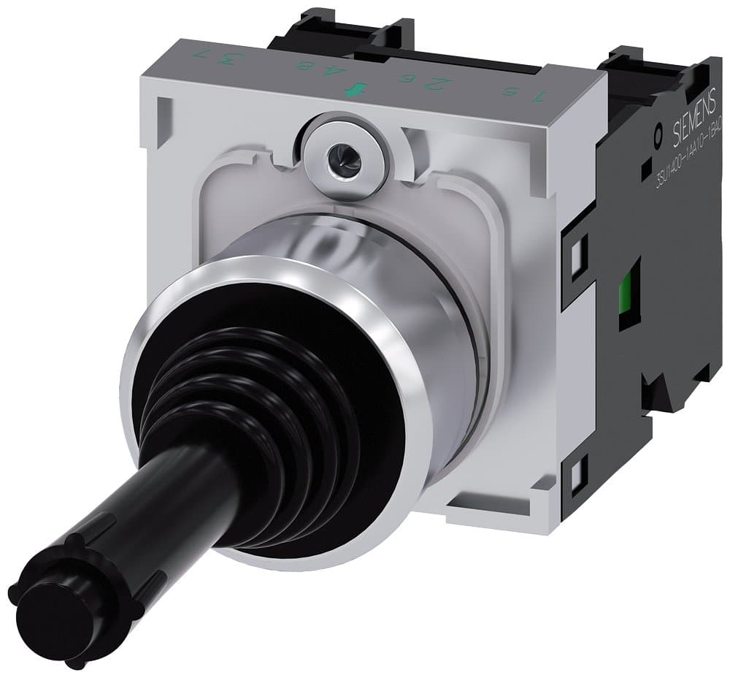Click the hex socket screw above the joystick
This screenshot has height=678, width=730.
337,153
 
